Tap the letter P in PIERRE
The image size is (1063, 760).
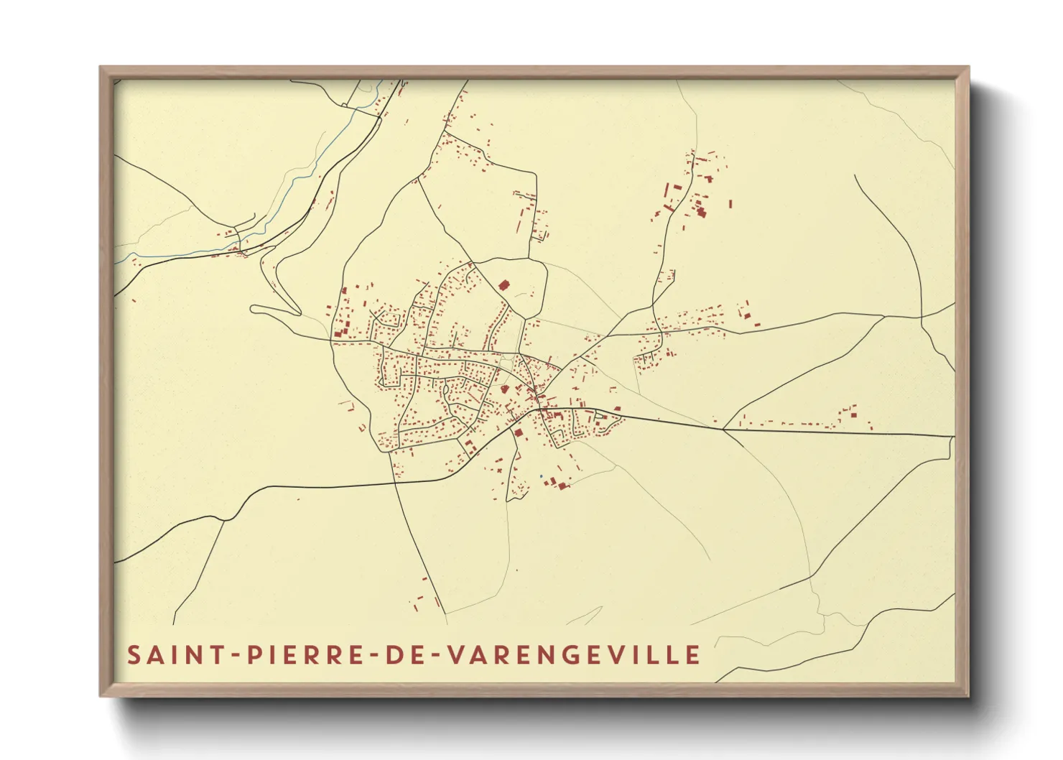(254, 655)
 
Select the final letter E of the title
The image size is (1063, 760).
(693, 655)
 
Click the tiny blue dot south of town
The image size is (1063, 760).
(541, 476)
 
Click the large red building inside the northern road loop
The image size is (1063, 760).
(503, 284)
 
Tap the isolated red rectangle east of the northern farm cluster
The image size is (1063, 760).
(730, 205)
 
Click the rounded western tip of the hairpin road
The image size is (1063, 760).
(254, 310)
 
